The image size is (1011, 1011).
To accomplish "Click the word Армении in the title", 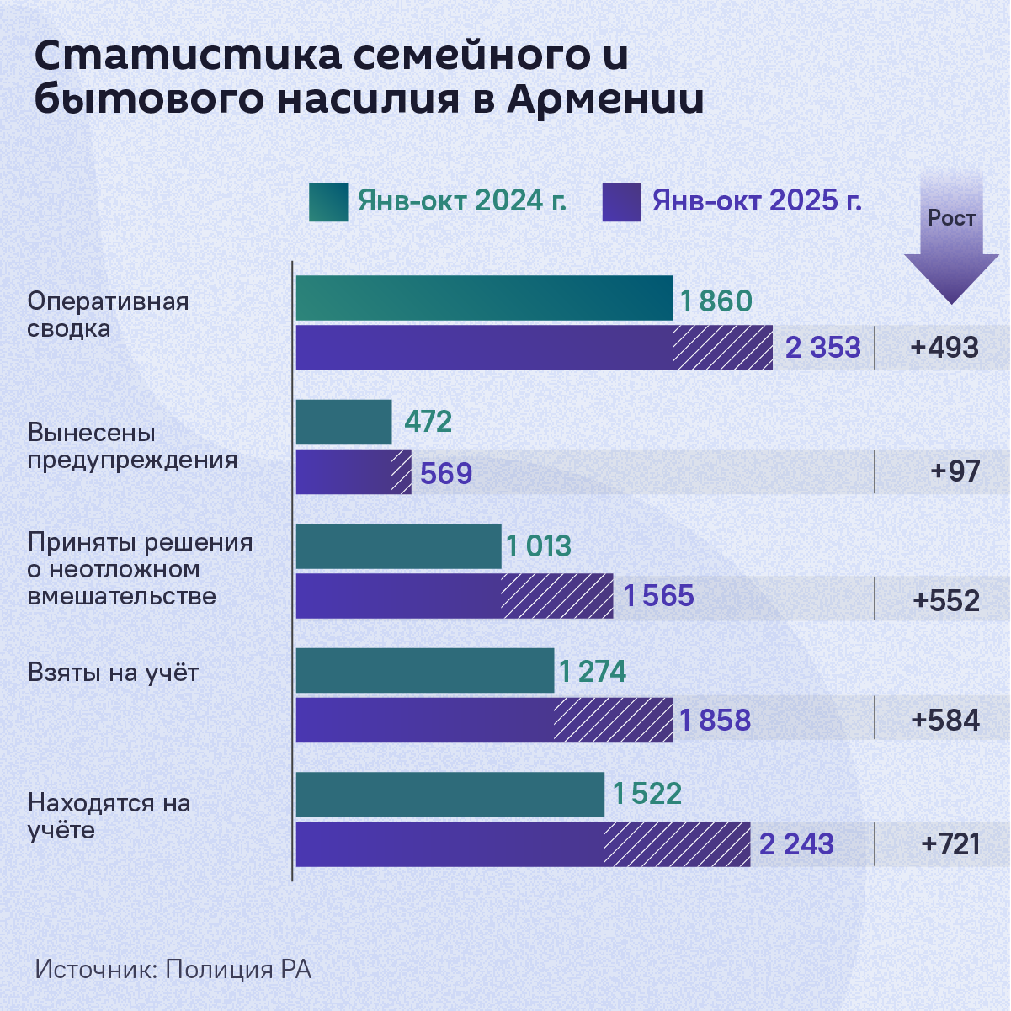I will tap(605, 99).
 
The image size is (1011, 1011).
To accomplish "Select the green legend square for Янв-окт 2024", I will tap(327, 202).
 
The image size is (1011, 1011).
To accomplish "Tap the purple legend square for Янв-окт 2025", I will tap(621, 202).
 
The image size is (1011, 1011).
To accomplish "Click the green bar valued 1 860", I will tap(484, 298).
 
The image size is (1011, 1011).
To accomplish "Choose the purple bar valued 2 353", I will tap(534, 348).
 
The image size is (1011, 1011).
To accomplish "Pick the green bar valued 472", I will tap(343, 422).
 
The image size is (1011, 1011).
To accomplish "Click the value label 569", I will tap(446, 474).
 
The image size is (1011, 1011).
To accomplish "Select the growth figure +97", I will tap(955, 471).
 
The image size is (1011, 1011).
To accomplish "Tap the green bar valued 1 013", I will tap(398, 546).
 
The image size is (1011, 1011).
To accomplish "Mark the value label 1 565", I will tap(658, 596).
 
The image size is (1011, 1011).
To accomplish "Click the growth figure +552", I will tap(946, 601).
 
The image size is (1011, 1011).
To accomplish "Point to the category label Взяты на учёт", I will tap(113, 673).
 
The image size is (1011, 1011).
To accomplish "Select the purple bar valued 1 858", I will tap(484, 721).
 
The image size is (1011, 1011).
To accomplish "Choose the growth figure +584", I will tap(945, 721).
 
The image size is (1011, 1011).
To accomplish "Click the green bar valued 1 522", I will tap(450, 795).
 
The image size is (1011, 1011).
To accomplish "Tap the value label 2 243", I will tap(796, 844).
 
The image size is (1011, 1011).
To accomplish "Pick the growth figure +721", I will tap(950, 844).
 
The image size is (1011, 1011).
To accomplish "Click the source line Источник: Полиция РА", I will tap(173, 969).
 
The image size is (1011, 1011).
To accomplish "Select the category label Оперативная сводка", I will tap(108, 315).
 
